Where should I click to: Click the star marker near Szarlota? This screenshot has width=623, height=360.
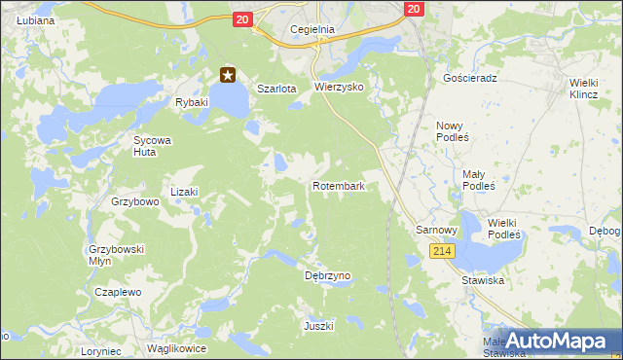click(229, 74)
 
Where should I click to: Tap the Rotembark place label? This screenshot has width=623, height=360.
click(339, 185)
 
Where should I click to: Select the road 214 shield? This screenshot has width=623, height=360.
click(442, 251)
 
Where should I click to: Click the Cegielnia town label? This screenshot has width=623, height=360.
click(312, 29)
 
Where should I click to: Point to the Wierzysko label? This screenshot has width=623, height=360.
click(339, 87)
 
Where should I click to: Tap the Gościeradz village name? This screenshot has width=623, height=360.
click(469, 77)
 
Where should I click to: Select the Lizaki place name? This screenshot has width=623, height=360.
click(184, 192)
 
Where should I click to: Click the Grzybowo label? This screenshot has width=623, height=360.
click(134, 202)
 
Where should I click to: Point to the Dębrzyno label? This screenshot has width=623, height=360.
click(327, 275)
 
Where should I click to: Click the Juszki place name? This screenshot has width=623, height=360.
click(318, 325)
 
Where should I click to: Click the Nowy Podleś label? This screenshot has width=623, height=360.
click(453, 131)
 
